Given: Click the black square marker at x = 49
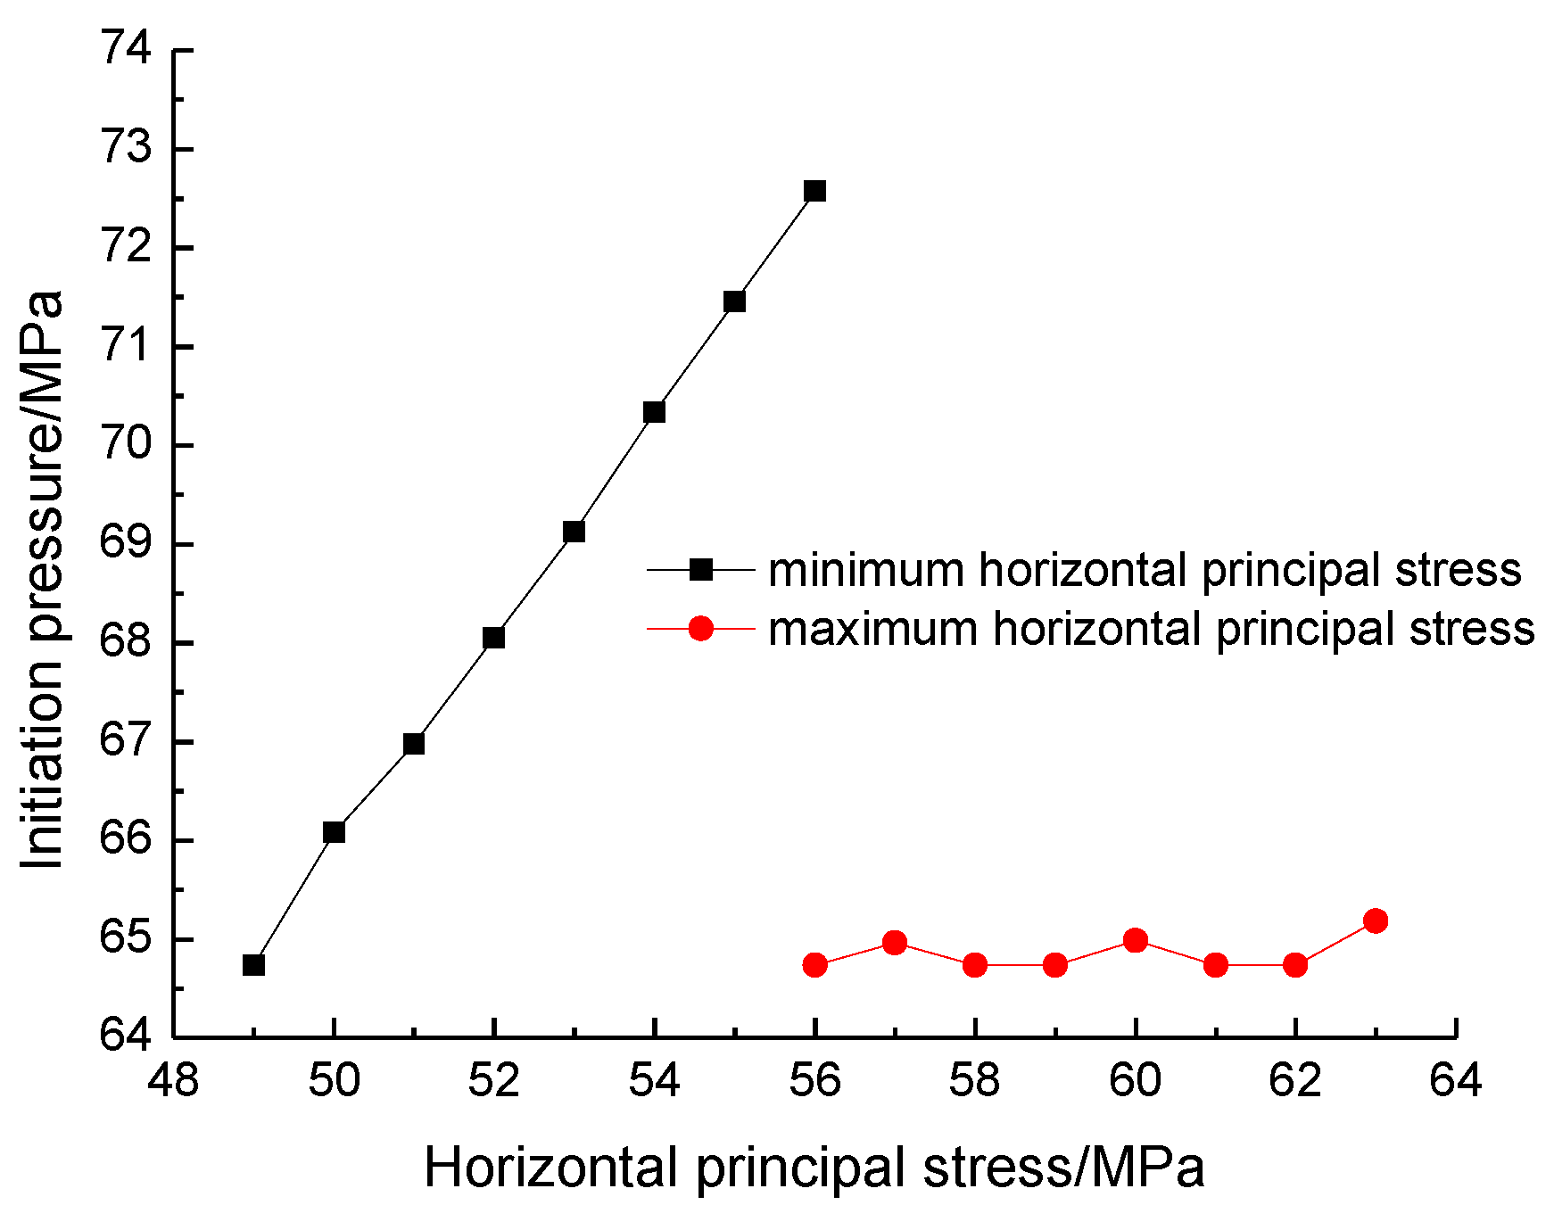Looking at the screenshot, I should point(253,965).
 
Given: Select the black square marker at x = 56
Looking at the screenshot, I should point(814,191).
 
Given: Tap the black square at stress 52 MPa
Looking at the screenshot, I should point(493,638).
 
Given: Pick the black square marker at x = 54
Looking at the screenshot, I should point(654,412).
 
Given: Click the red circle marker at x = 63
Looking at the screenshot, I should point(1376,920).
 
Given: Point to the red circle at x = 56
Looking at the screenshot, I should point(814,965).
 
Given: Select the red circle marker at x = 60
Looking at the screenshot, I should point(1135,940).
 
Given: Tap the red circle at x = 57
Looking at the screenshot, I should point(895,943).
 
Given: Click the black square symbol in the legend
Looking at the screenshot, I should point(701,570).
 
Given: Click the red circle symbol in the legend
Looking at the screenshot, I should point(701,629).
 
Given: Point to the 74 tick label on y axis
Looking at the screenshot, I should point(126,48).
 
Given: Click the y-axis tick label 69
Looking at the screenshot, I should point(126,543).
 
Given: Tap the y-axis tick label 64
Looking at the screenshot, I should point(126,1036).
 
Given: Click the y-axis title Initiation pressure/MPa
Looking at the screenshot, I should point(43,580).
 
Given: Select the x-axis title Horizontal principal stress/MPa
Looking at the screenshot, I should point(814,1168).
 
